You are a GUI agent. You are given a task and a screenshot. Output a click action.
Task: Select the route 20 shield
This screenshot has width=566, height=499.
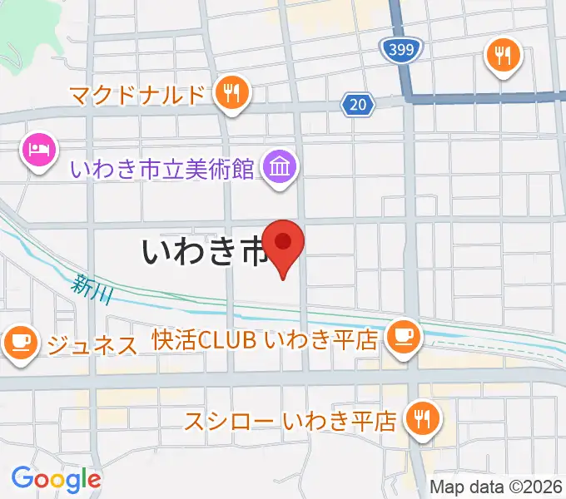(355, 104)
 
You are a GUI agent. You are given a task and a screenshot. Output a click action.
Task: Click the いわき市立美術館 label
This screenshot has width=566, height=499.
(162, 169)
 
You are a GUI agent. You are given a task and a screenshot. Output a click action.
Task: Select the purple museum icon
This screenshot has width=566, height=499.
(281, 167)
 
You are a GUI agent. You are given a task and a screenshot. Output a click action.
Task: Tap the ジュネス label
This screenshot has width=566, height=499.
(92, 343)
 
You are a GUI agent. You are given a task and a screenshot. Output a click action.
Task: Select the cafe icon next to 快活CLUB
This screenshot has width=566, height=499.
(405, 337)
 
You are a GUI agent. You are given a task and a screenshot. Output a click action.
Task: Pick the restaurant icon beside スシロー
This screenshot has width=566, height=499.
(423, 418)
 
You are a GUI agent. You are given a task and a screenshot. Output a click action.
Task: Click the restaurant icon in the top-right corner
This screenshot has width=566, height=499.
(503, 55)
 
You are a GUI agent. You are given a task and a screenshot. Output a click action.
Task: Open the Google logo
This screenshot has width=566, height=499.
(56, 478)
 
